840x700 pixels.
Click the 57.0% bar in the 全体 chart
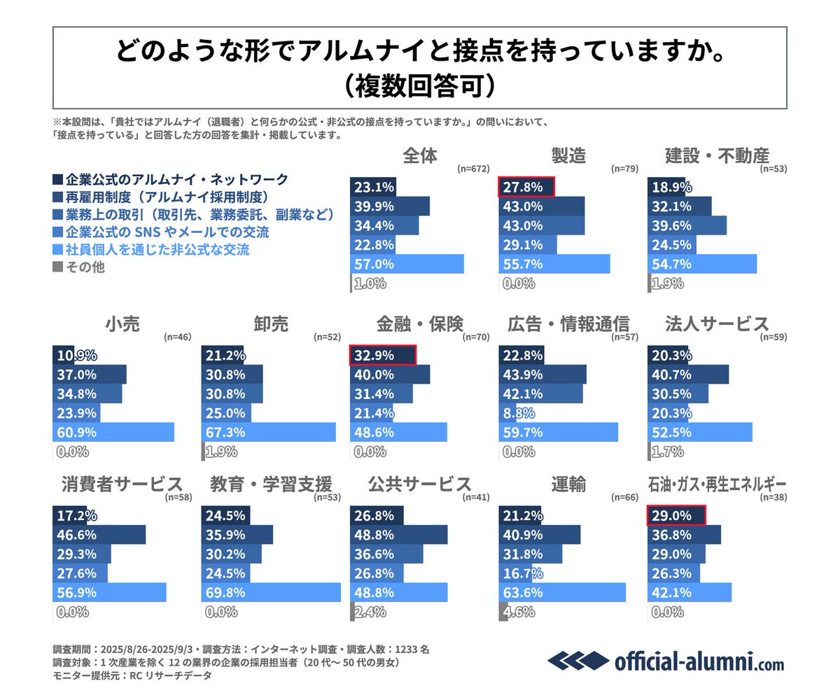pyautogui.click(x=406, y=264)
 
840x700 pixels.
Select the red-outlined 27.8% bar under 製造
pyautogui.click(x=526, y=187)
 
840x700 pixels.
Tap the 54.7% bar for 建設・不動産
pyautogui.click(x=702, y=264)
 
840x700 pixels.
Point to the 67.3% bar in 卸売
pyautogui.click(x=268, y=432)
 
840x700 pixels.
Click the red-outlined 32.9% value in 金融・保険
pyautogui.click(x=383, y=355)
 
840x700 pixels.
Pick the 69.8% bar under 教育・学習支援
pyautogui.click(x=271, y=591)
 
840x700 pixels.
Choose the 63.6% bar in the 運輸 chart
pyautogui.click(x=562, y=591)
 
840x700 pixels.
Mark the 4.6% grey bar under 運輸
pyautogui.click(x=503, y=611)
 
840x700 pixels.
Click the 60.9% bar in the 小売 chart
pyautogui.click(x=113, y=432)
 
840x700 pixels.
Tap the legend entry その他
pyautogui.click(x=84, y=267)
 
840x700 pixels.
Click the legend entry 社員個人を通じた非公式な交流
pyautogui.click(x=157, y=248)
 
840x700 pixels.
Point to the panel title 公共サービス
pyautogui.click(x=411, y=484)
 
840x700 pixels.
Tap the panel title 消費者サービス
pyautogui.click(x=118, y=484)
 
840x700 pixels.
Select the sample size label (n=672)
pyautogui.click(x=472, y=169)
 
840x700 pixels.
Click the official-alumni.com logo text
pyautogui.click(x=699, y=662)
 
